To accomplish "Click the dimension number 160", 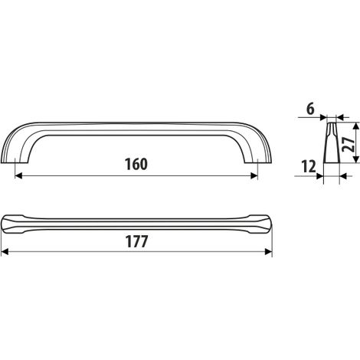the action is pos(136,164).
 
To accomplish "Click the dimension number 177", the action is pos(136,241).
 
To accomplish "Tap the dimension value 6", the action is pos(310,110).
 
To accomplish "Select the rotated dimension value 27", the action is pos(349,144).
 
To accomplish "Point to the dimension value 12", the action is pos(309,167).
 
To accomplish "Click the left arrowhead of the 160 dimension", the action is pos(18,175).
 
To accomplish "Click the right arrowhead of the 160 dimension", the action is pos(254,175).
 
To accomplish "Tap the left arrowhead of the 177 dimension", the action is pos(5,252).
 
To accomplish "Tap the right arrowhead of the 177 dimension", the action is pos(269,252).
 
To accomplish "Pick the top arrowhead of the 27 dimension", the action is pos(355,126).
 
